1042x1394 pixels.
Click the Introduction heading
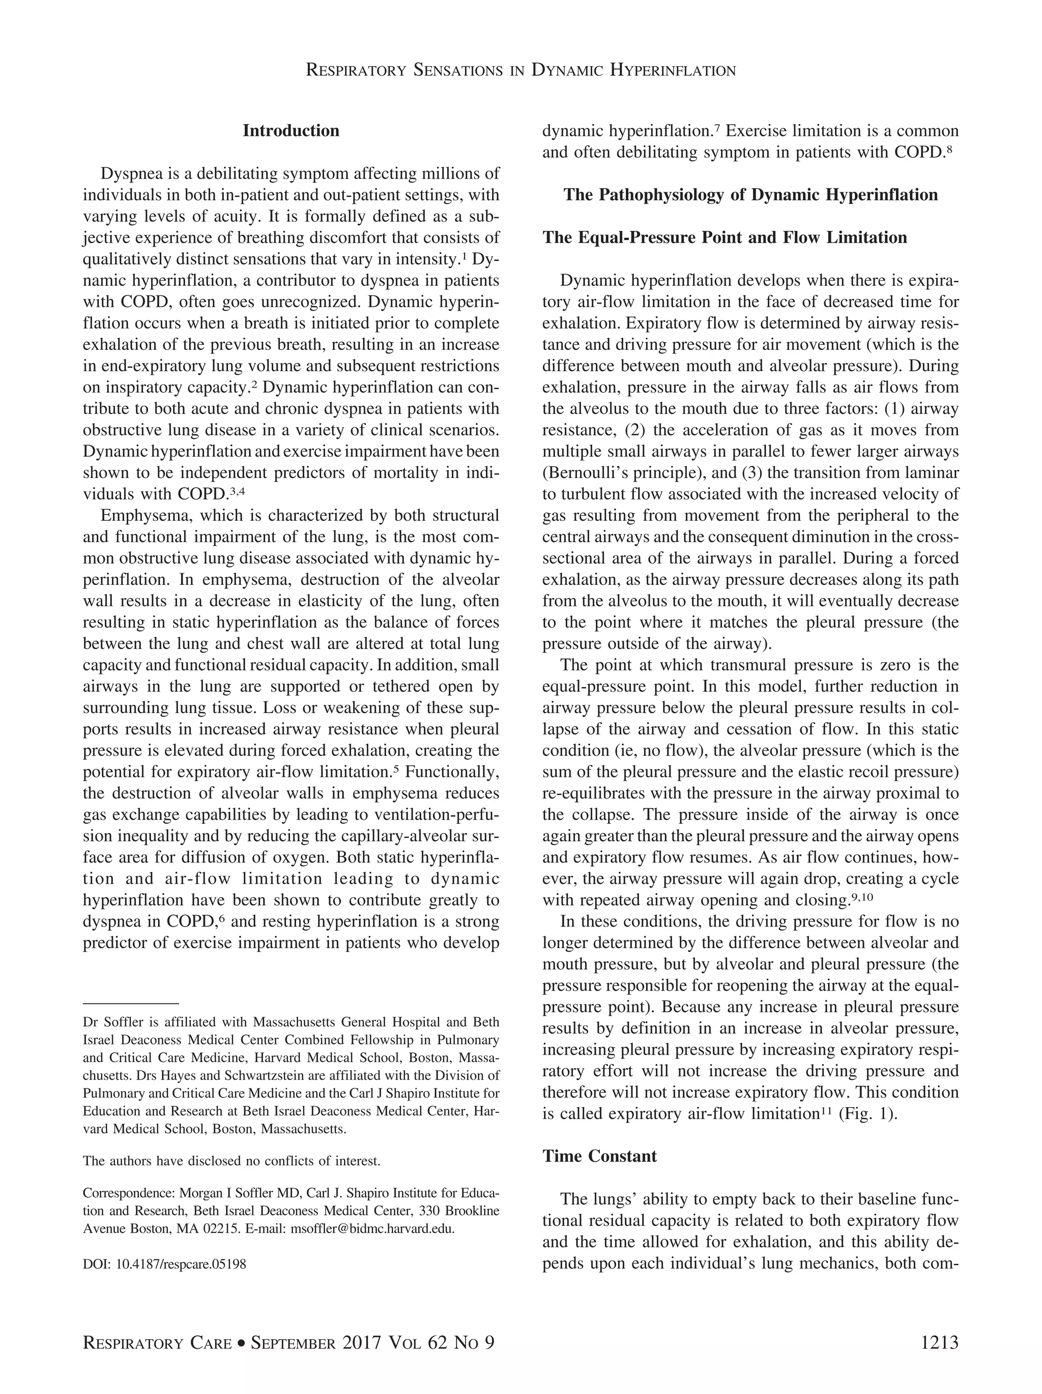coord(291,131)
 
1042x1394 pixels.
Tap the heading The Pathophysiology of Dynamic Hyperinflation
coord(750,195)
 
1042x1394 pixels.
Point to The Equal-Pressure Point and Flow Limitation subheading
coord(725,238)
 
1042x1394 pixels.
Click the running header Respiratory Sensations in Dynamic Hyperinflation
coord(520,70)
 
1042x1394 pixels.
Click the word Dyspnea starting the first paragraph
coord(129,173)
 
